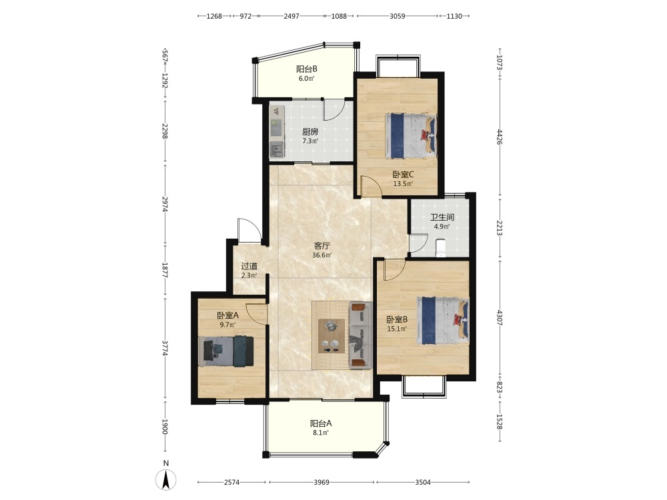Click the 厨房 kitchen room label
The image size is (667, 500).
click(310, 132)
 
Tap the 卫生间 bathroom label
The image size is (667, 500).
click(442, 217)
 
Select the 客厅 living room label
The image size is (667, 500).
click(322, 246)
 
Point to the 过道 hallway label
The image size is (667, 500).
click(249, 266)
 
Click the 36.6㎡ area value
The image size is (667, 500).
click(322, 255)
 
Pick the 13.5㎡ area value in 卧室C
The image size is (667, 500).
click(403, 184)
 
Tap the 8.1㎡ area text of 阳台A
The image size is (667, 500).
click(321, 433)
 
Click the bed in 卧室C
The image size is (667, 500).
click(411, 135)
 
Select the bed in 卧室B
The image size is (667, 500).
click(443, 321)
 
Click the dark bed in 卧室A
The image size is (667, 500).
click(226, 351)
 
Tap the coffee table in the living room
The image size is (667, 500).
click(331, 336)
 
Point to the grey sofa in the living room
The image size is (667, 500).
click(361, 335)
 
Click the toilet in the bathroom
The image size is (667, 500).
click(441, 248)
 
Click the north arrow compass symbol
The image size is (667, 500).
click(166, 481)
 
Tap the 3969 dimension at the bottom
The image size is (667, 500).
click(321, 482)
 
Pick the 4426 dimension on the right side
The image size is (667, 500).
click(500, 137)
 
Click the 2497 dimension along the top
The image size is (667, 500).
click(291, 16)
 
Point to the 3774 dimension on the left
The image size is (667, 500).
click(165, 348)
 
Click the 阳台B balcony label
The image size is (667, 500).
click(307, 69)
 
